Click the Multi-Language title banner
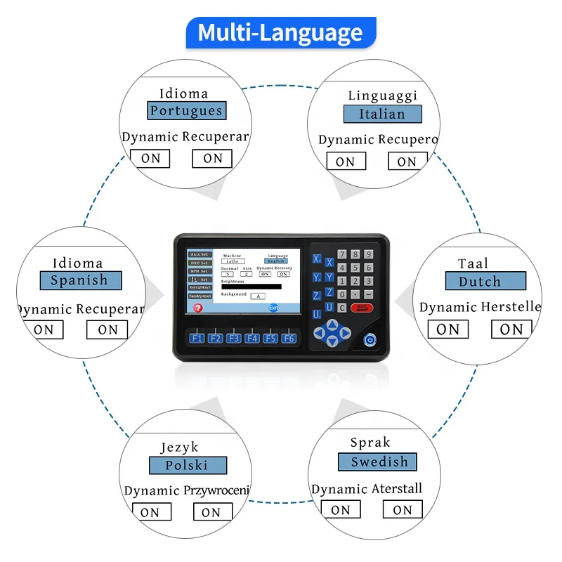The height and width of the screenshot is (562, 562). [x=280, y=33]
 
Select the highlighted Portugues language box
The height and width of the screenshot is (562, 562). [x=186, y=111]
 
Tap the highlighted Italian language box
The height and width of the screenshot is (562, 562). [x=382, y=114]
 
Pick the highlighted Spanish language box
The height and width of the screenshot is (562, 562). [x=80, y=281]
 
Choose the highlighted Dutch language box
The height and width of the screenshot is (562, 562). [x=485, y=282]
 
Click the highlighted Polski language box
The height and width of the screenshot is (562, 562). [x=188, y=466]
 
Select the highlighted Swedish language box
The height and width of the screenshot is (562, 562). [x=377, y=462]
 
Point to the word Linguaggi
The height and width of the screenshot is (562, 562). [x=382, y=96]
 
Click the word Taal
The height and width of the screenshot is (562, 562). [x=473, y=264]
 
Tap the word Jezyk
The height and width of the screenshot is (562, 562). [x=179, y=447]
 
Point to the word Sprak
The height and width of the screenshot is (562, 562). [x=370, y=443]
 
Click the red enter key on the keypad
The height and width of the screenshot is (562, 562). [x=362, y=308]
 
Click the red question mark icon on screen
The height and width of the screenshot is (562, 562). [x=198, y=308]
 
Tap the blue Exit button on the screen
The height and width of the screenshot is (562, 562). [x=273, y=308]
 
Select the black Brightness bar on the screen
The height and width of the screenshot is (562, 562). [x=251, y=287]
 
